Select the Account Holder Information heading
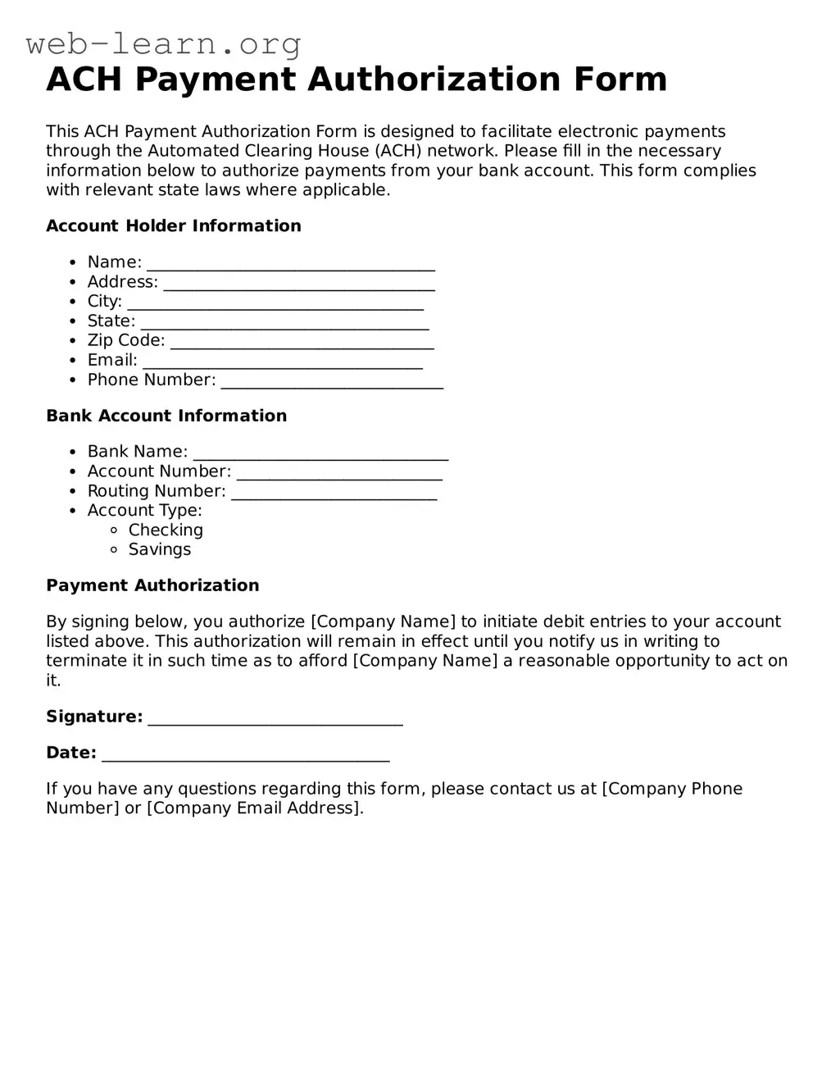(x=174, y=226)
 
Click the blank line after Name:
(x=290, y=264)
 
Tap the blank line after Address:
(x=299, y=284)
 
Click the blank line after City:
(x=275, y=303)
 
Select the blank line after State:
(x=284, y=323)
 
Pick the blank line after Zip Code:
(x=302, y=342)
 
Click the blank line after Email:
(x=283, y=362)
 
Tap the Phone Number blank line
(x=332, y=381)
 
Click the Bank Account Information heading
(x=166, y=416)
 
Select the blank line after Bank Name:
(x=320, y=453)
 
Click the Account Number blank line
(x=339, y=473)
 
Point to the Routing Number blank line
(x=334, y=493)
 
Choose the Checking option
(x=165, y=530)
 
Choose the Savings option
(x=159, y=550)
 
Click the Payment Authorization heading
(x=152, y=585)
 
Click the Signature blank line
(x=275, y=719)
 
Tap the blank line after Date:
(x=245, y=755)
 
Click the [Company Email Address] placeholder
(x=254, y=808)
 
